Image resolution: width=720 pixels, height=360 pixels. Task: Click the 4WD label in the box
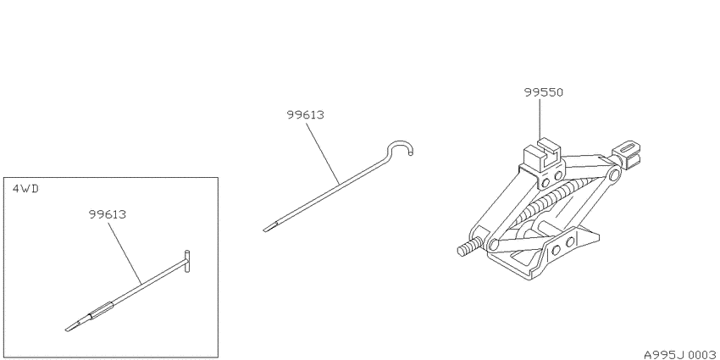point(25,189)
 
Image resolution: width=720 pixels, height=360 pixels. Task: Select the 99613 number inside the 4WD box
point(108,214)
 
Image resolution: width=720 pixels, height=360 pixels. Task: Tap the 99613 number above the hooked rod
point(305,114)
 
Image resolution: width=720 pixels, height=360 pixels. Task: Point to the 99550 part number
point(544,92)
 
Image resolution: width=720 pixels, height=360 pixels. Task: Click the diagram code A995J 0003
point(680,354)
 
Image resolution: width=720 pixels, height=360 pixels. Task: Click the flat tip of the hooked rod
point(269,227)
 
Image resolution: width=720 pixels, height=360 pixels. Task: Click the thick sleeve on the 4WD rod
point(101,311)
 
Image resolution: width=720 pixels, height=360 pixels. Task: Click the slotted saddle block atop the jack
point(542,154)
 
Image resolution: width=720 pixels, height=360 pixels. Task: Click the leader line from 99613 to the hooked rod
point(324,152)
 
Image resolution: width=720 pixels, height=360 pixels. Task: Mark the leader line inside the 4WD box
point(125,252)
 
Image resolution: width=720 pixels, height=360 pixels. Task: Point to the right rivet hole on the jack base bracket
point(569,241)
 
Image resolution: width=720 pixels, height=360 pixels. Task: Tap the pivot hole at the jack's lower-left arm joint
point(494,244)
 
